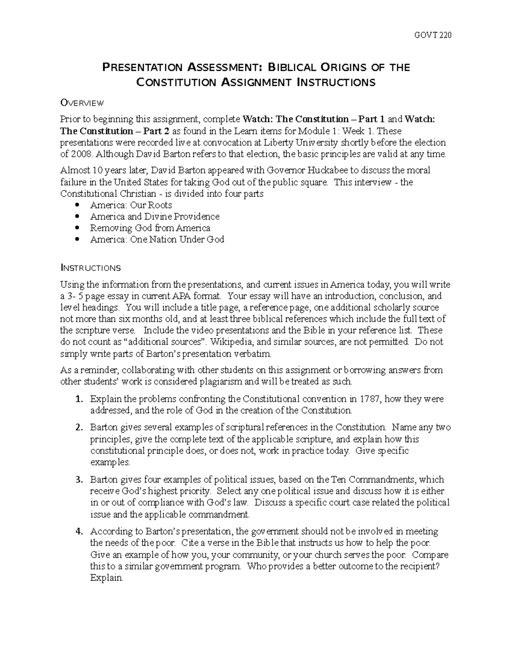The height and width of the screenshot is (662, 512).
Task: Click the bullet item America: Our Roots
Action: coord(131,205)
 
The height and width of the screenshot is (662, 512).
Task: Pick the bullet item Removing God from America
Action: coord(150,228)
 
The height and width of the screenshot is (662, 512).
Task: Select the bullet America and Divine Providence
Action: coord(154,217)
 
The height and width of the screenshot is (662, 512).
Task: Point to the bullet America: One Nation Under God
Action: coord(157,240)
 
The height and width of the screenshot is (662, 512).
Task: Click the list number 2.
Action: coord(78,428)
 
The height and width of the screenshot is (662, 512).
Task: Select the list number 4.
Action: coord(78,532)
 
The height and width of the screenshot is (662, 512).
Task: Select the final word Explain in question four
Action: coord(107,578)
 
